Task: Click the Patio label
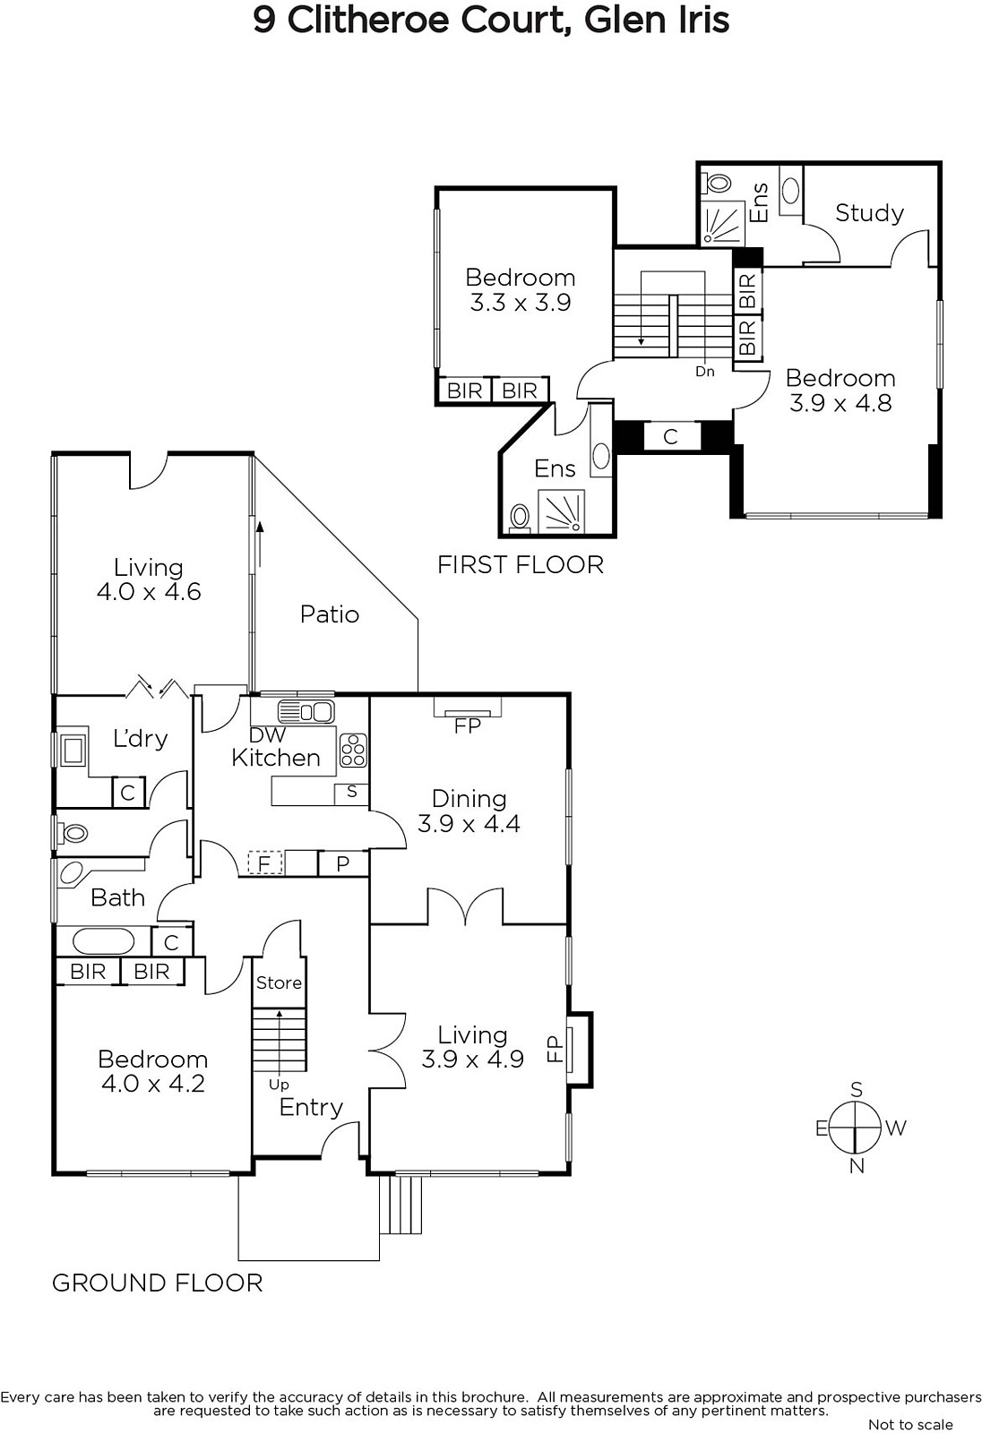click(x=330, y=614)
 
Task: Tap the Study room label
click(x=869, y=213)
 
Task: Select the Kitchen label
click(x=276, y=758)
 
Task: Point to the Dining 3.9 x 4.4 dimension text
click(x=469, y=823)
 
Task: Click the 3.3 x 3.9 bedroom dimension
click(x=521, y=302)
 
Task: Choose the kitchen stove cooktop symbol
click(x=353, y=750)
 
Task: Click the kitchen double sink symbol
click(x=306, y=711)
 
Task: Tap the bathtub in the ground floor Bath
click(x=104, y=941)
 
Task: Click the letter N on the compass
click(x=857, y=1166)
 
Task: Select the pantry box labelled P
click(x=343, y=863)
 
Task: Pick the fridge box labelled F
click(x=264, y=863)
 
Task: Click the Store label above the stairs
click(x=280, y=983)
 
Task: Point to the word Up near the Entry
click(x=280, y=1085)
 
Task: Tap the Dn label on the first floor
click(x=705, y=371)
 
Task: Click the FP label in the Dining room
click(x=468, y=725)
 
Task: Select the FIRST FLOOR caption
click(x=521, y=565)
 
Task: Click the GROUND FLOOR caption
click(x=158, y=1283)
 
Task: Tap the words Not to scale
click(x=911, y=1424)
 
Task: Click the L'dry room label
click(x=140, y=739)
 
